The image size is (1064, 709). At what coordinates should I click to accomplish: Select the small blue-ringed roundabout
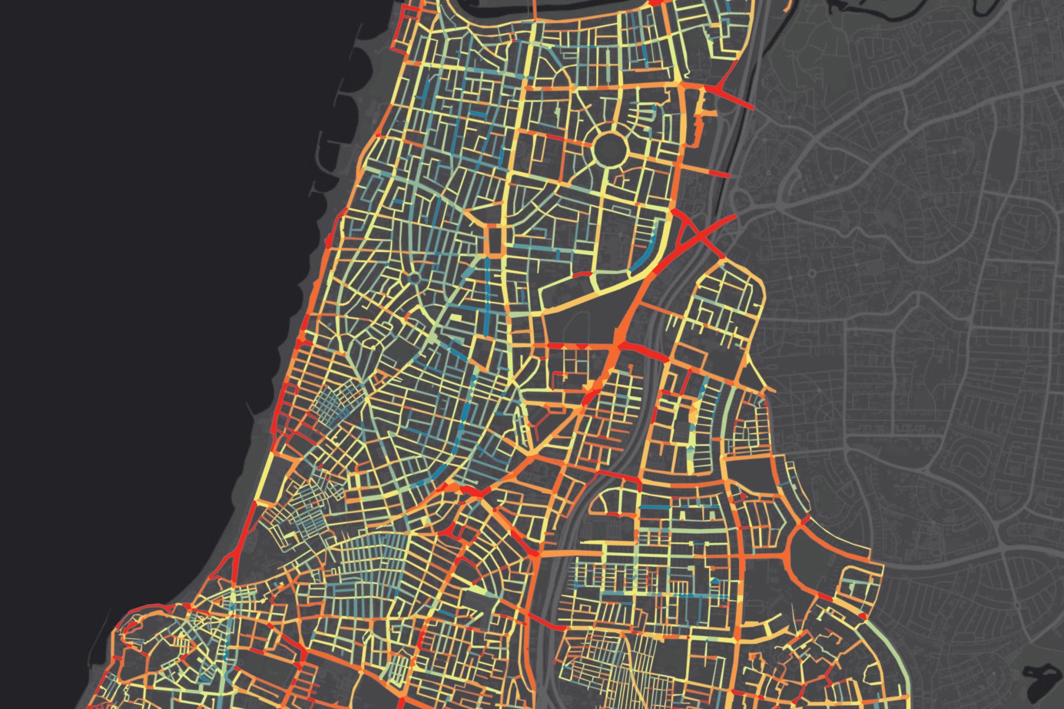pyautogui.click(x=414, y=279)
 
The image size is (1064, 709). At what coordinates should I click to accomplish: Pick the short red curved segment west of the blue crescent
pyautogui.click(x=584, y=273)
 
